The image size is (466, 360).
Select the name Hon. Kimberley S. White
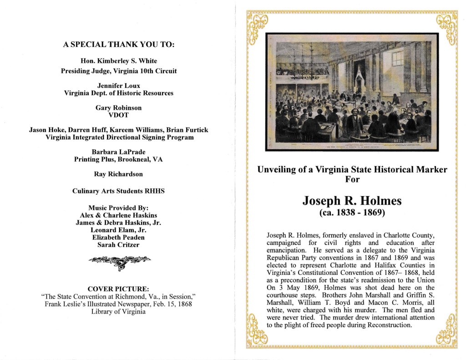pyautogui.click(x=119, y=61)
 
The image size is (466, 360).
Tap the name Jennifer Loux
pyautogui.click(x=119, y=85)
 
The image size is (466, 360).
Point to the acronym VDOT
pyautogui.click(x=119, y=115)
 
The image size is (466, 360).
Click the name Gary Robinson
pyautogui.click(x=119, y=108)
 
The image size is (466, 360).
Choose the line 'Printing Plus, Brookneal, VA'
pyautogui.click(x=119, y=159)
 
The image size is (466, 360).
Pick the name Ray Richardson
pyautogui.click(x=119, y=174)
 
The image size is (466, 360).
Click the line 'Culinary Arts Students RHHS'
pyautogui.click(x=119, y=191)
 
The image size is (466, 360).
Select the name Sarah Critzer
pyautogui.click(x=119, y=245)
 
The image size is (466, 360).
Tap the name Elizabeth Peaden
pyautogui.click(x=119, y=238)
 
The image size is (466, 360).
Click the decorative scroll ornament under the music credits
pyautogui.click(x=119, y=261)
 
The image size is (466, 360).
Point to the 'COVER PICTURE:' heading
pyautogui.click(x=119, y=288)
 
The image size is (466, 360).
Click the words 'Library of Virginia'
pyautogui.click(x=119, y=312)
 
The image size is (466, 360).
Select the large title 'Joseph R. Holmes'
pyautogui.click(x=352, y=201)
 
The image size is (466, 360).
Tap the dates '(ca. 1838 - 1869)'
pyautogui.click(x=352, y=212)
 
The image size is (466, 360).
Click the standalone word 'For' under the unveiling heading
pyautogui.click(x=352, y=180)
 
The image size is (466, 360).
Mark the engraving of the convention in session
pyautogui.click(x=352, y=92)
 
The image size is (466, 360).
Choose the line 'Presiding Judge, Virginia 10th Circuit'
pyautogui.click(x=119, y=71)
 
